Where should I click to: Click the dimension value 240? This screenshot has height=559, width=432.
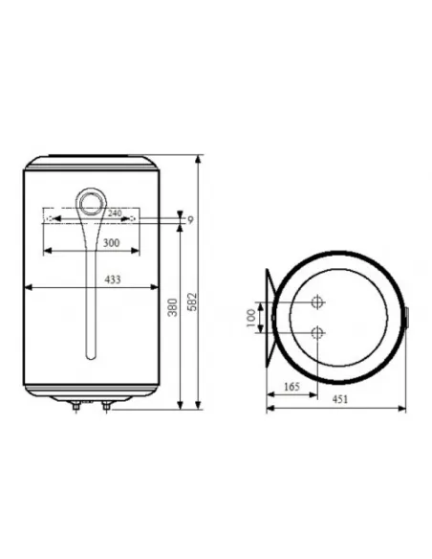[114, 212]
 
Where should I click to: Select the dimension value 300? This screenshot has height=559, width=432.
[111, 244]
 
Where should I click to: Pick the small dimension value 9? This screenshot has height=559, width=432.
[190, 220]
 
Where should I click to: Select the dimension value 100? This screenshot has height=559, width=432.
[252, 317]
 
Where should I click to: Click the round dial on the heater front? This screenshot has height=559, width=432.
[93, 202]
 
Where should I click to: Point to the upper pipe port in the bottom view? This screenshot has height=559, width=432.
[317, 302]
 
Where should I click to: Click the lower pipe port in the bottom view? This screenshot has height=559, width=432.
[317, 333]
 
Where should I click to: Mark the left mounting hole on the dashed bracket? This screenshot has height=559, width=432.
[49, 219]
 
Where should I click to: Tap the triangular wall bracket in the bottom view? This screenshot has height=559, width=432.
[271, 317]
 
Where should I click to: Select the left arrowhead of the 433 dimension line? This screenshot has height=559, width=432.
[29, 286]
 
